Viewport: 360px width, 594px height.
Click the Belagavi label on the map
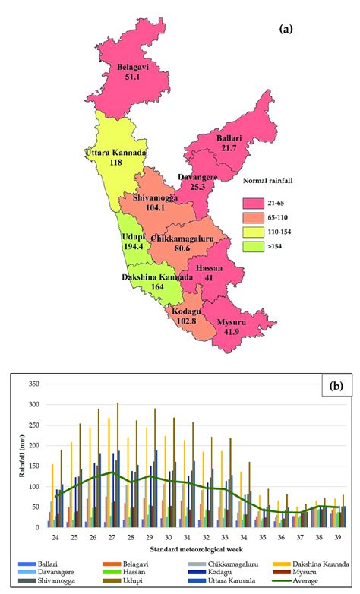click(132, 67)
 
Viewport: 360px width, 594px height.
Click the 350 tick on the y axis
click(33, 385)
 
